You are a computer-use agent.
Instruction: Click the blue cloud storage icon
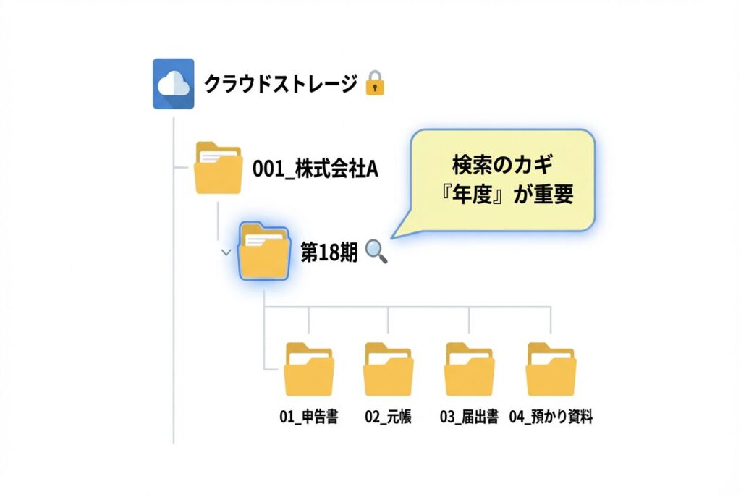[x=174, y=83]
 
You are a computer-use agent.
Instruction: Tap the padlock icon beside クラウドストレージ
[x=374, y=83]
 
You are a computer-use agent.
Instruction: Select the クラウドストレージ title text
[x=280, y=84]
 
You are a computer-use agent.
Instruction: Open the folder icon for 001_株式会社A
[x=219, y=168]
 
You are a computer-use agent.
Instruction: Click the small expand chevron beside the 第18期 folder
[x=226, y=252]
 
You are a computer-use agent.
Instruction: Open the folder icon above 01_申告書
[x=309, y=369]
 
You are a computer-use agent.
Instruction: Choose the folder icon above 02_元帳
[x=389, y=369]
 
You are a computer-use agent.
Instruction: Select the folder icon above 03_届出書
[x=470, y=369]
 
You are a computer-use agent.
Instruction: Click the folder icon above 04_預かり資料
[x=551, y=369]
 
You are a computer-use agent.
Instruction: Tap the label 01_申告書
[x=309, y=417]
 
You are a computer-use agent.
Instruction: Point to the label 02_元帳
[x=389, y=417]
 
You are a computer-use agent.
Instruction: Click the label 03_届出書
[x=470, y=417]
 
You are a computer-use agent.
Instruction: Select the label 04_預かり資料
[x=551, y=417]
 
